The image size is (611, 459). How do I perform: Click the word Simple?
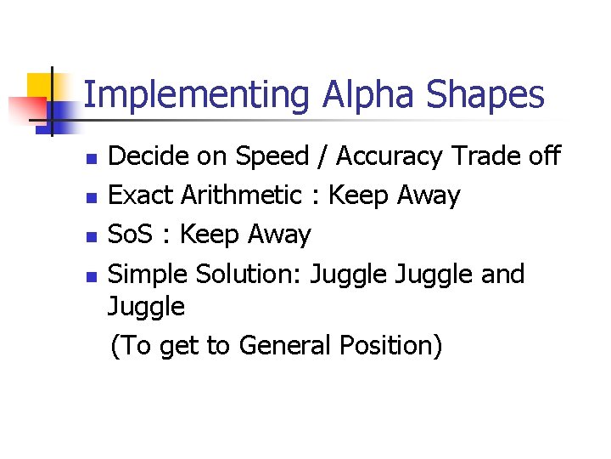pos(149,275)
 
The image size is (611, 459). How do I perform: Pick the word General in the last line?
pos(284,346)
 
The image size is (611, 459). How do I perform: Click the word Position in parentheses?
pos(390,346)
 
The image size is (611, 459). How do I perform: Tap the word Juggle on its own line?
pos(146,307)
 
